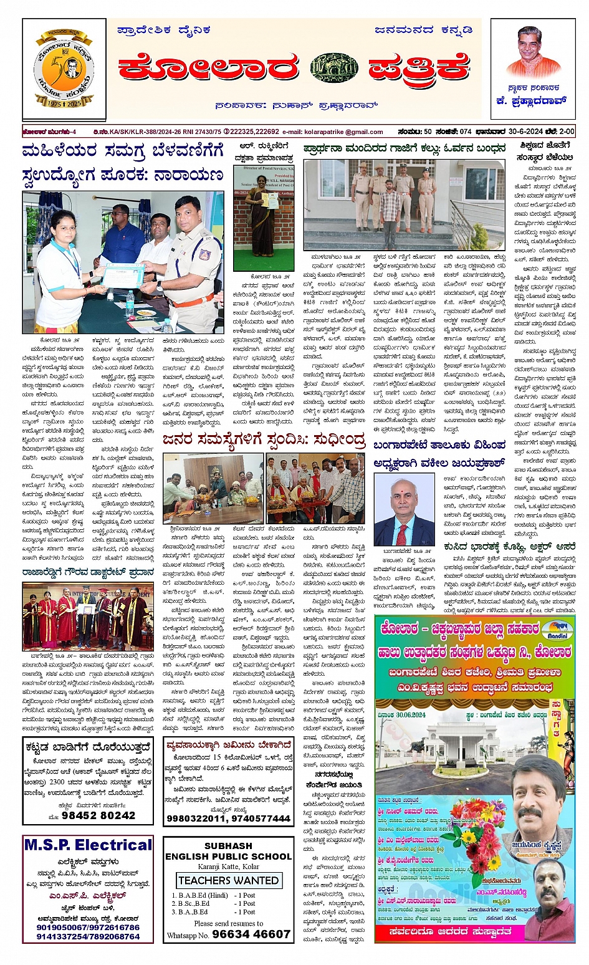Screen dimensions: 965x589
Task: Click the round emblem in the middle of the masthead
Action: pos(334,68)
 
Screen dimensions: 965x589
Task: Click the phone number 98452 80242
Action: pos(98,815)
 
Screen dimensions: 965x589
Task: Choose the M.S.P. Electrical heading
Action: pos(88,845)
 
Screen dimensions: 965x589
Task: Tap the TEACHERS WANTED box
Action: pos(229,880)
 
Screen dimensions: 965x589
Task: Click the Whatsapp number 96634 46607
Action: pos(251,934)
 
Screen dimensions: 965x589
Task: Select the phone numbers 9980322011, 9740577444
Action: pos(229,819)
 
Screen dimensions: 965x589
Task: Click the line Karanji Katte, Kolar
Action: pos(228,867)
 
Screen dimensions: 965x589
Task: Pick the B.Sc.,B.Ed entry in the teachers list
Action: pos(193,903)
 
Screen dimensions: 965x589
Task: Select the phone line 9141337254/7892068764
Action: pos(88,936)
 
